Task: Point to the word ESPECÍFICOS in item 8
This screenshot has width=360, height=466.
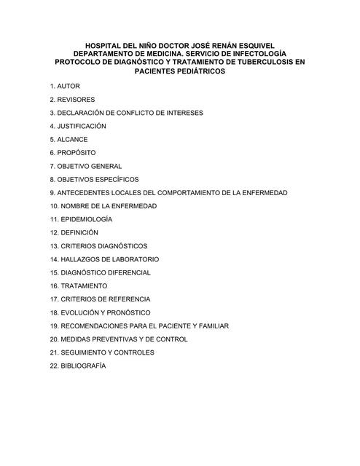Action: click(117, 179)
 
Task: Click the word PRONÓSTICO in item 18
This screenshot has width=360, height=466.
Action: click(124, 312)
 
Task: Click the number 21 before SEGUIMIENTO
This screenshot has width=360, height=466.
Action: click(54, 352)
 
